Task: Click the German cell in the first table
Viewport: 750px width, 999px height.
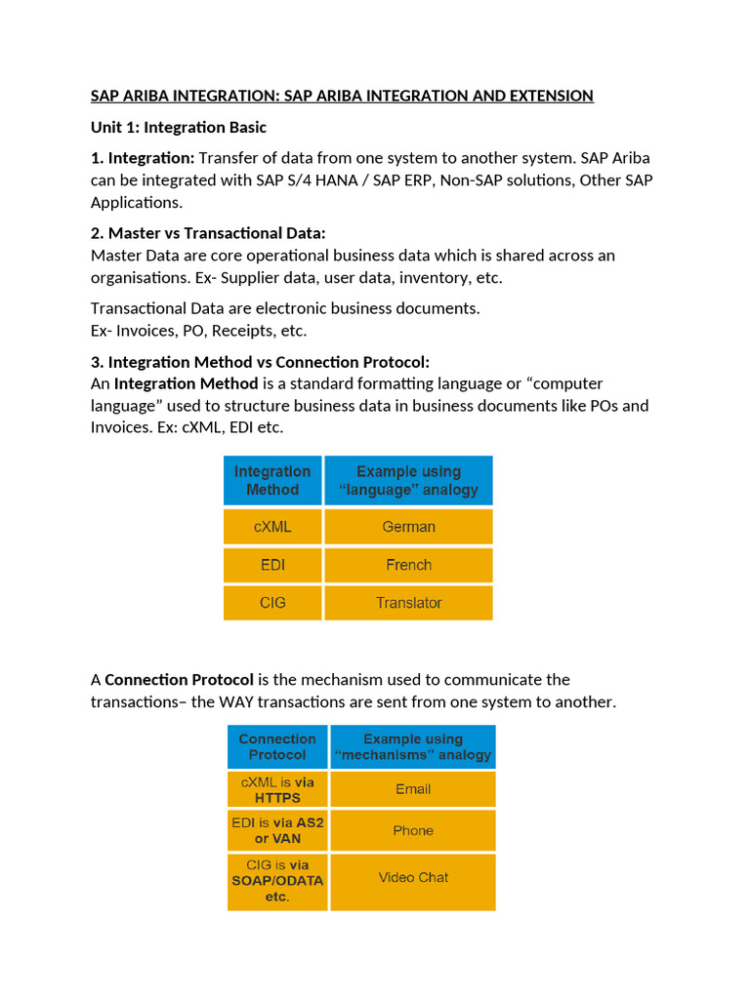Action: (x=408, y=527)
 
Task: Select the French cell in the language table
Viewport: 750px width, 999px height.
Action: (x=408, y=565)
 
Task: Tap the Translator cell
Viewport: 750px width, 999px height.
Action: (x=408, y=603)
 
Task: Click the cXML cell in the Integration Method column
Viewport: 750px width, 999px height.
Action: (x=272, y=527)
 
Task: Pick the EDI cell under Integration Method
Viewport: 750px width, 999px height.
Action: (x=272, y=565)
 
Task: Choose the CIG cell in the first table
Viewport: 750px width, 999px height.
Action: (x=272, y=603)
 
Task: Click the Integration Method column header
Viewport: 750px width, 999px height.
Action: (x=272, y=480)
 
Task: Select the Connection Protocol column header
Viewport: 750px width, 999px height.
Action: (x=277, y=747)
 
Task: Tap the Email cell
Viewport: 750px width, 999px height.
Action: (x=413, y=789)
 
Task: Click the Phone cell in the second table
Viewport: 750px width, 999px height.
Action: (x=413, y=830)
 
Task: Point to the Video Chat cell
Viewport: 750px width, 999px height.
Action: (x=413, y=877)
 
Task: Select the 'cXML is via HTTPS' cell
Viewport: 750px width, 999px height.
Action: (x=277, y=789)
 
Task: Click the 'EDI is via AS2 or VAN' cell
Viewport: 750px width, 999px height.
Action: (x=277, y=830)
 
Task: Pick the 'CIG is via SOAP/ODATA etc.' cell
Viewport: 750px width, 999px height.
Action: (x=277, y=881)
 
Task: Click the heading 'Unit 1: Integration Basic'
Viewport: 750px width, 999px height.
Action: (x=179, y=128)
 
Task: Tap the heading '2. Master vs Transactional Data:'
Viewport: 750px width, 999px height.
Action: (x=208, y=233)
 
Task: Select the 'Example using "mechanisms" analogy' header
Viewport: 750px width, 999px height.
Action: (x=413, y=747)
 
